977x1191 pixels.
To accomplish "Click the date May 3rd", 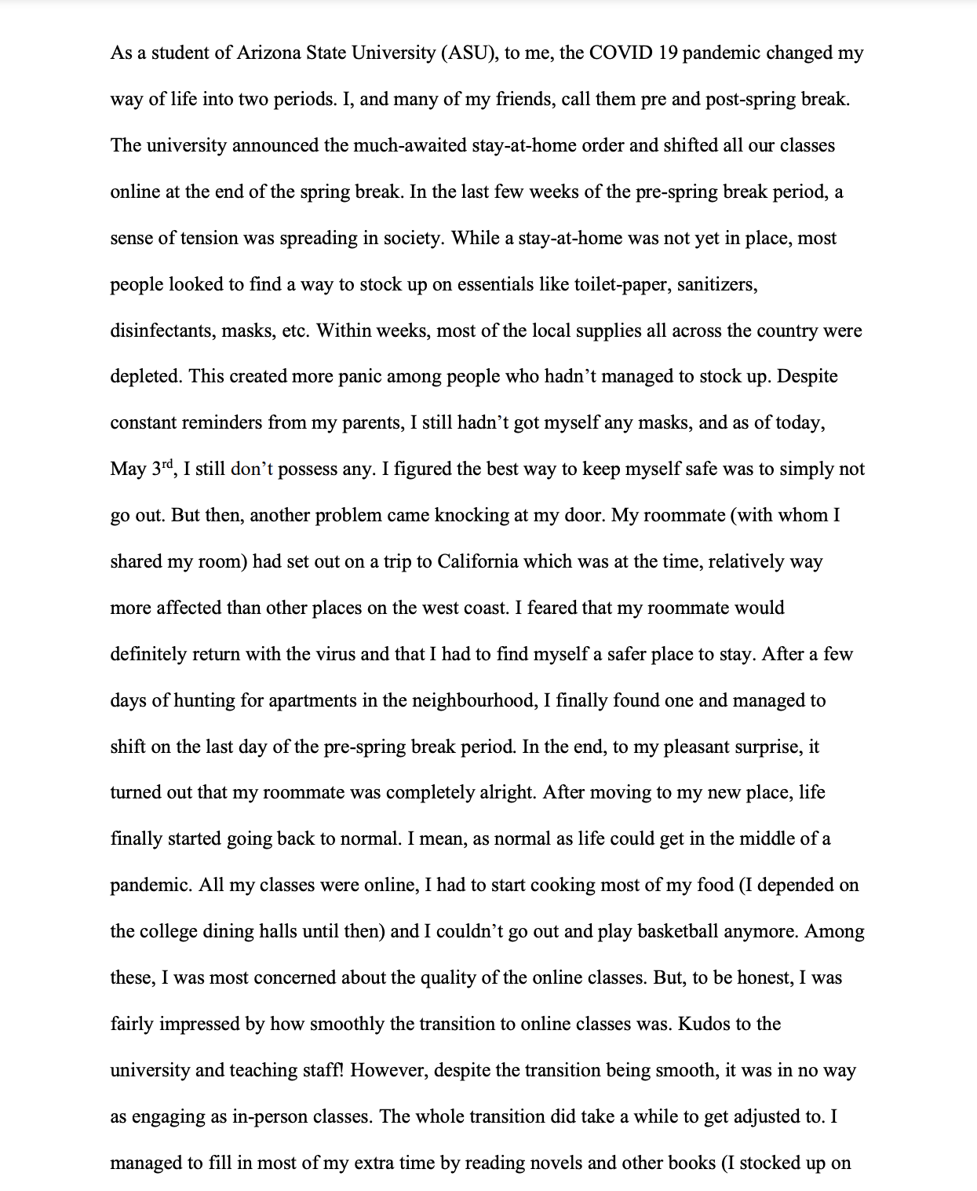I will pyautogui.click(x=141, y=469).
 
